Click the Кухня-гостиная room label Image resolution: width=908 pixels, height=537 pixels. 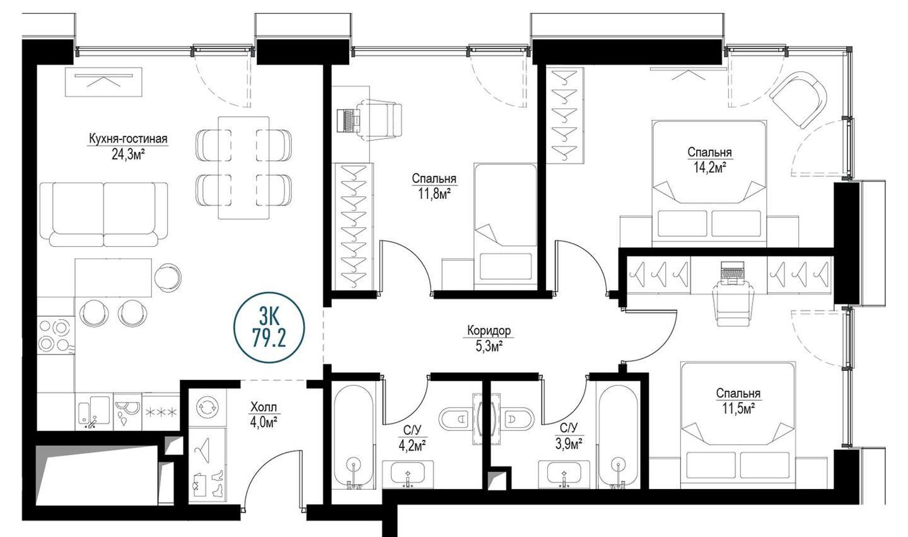tap(128, 139)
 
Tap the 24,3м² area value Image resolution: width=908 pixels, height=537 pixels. tap(129, 155)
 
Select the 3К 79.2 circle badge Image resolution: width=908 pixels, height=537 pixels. tap(269, 328)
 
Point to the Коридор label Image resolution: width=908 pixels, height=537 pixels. tap(489, 331)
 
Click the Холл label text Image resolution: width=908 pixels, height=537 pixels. tap(264, 407)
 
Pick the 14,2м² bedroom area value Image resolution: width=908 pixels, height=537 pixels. tap(709, 167)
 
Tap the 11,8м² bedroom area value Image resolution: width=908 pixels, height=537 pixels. tap(434, 194)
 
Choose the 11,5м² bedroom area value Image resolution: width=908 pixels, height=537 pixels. tap(738, 408)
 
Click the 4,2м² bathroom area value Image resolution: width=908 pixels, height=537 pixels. tap(412, 446)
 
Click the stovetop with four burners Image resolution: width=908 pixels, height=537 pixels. tap(56, 336)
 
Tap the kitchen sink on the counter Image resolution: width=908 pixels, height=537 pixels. tap(94, 412)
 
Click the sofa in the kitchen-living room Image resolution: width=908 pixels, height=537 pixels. tap(104, 214)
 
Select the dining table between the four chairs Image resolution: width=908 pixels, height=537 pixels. tap(243, 168)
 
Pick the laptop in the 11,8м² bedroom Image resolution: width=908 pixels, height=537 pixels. tap(348, 120)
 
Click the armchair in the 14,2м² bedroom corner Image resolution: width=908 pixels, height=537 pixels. tap(798, 99)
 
